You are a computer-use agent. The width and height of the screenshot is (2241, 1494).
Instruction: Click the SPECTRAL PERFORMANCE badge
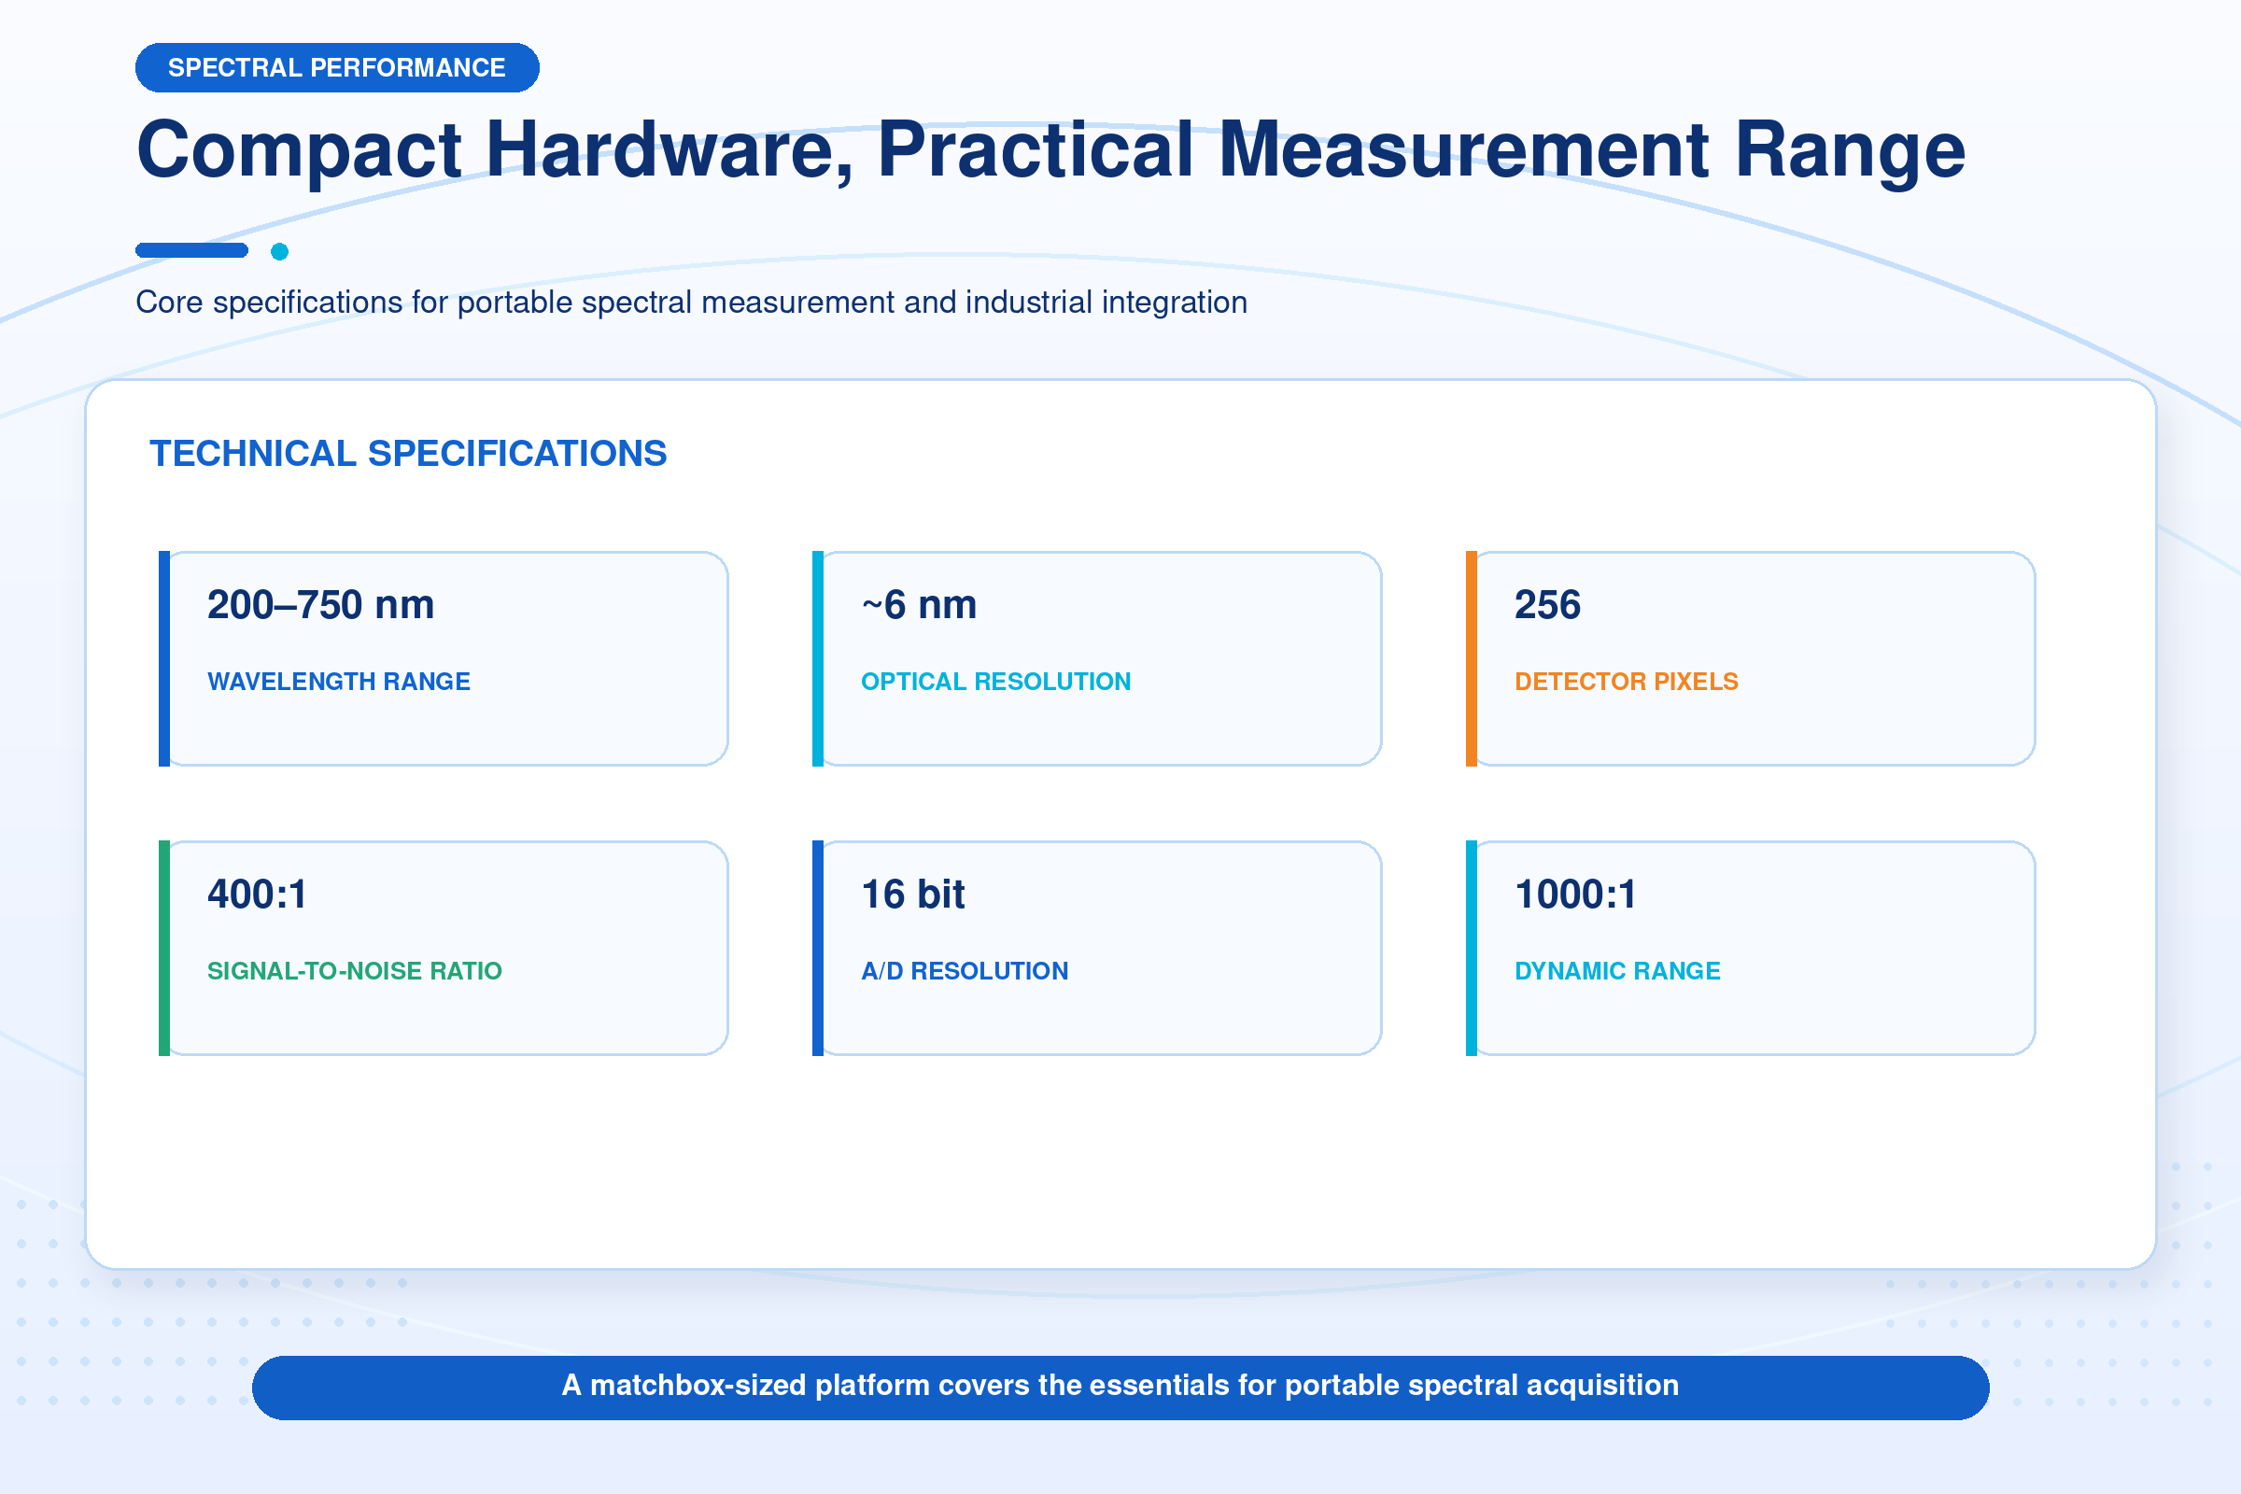[337, 67]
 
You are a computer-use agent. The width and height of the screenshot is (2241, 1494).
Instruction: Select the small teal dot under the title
[279, 251]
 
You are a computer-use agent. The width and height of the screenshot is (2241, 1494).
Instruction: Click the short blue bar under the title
[191, 250]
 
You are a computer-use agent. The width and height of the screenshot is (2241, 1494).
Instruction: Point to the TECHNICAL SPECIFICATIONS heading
[408, 454]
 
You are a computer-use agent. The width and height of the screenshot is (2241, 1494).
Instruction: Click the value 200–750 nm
[320, 605]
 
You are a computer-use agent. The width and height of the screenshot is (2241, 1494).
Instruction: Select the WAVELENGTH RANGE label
[338, 682]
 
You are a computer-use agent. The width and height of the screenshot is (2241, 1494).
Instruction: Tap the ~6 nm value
[919, 605]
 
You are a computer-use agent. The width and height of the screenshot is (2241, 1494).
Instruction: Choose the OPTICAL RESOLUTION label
[995, 682]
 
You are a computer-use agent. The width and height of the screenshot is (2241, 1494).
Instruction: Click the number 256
[1547, 605]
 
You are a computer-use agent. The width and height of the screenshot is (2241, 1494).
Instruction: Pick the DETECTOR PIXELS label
[1627, 682]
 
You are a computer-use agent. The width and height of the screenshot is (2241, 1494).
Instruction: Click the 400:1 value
[258, 895]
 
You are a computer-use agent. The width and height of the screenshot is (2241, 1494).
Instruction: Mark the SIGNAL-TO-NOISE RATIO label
[355, 971]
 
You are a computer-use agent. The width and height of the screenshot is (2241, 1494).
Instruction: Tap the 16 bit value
[913, 895]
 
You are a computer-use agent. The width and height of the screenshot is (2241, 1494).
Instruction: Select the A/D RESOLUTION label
[965, 971]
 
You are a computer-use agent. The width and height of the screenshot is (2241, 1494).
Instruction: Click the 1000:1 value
[1575, 895]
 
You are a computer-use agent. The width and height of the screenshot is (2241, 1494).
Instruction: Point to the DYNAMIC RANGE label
[1617, 971]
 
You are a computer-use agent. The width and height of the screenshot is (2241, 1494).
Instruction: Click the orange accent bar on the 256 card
[1472, 658]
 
